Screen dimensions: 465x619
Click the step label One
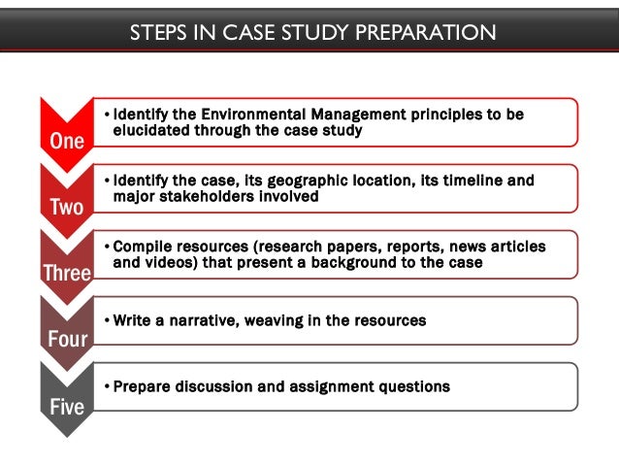point(67,141)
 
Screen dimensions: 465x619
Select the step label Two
point(67,207)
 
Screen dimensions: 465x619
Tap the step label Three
point(67,273)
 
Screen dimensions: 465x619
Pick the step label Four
point(67,339)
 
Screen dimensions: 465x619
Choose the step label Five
point(67,405)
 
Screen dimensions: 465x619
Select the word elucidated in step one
point(152,130)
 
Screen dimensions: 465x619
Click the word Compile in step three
point(142,247)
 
